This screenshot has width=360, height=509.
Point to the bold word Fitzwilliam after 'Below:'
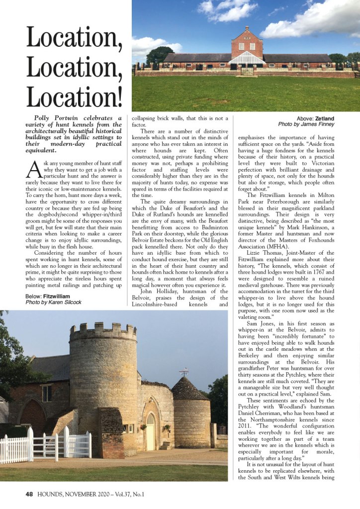point(57,296)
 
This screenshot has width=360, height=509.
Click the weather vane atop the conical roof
point(184,371)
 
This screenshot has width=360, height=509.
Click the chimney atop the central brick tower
point(247,28)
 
